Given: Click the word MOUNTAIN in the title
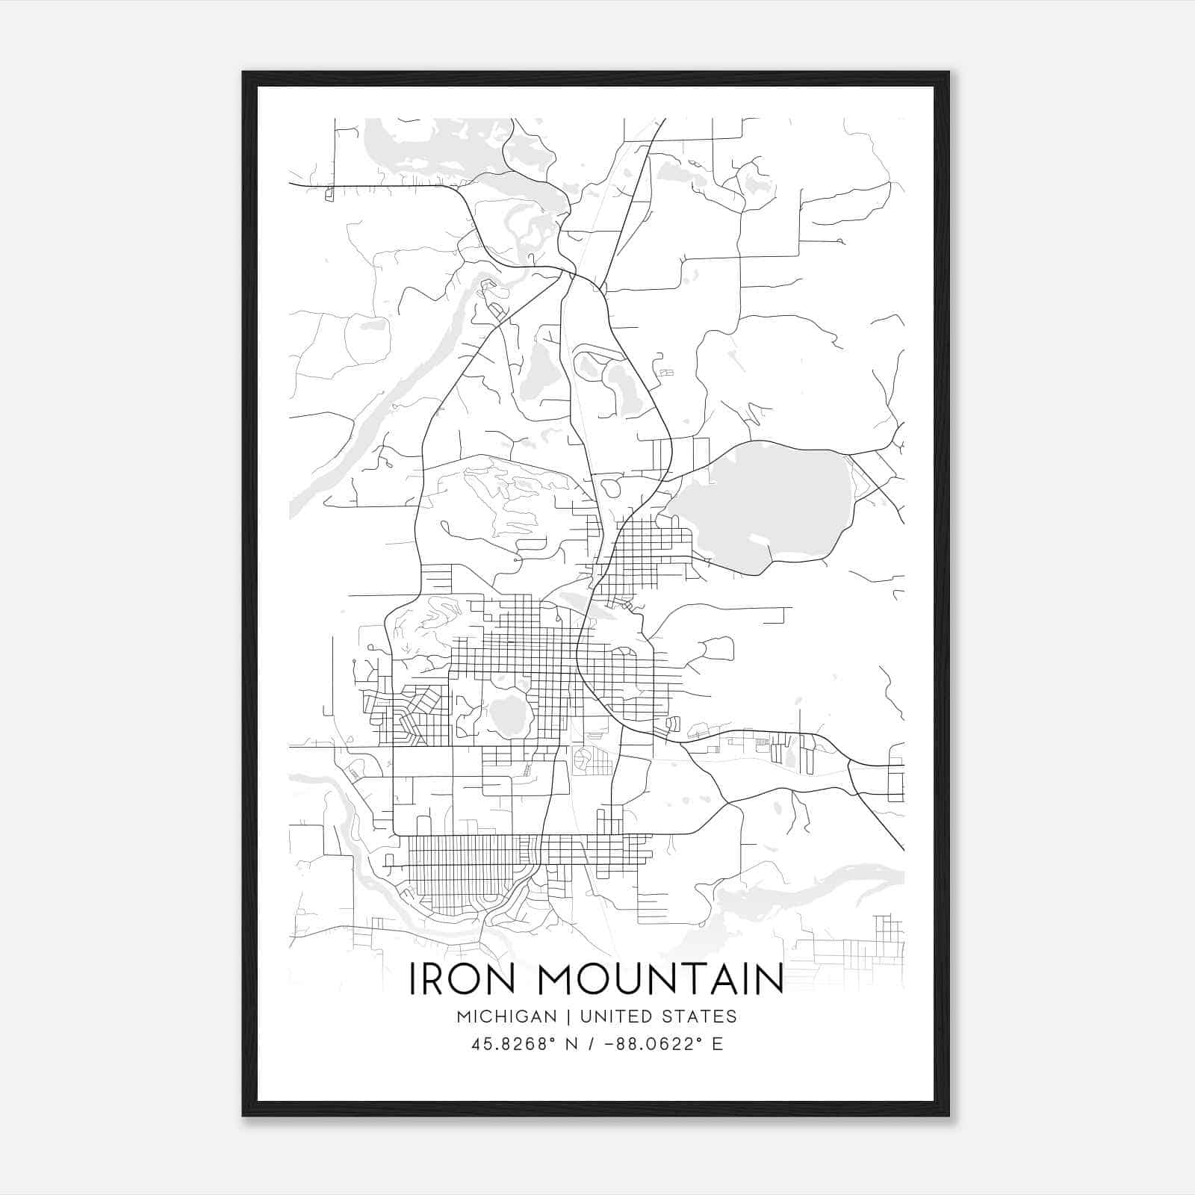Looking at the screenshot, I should [x=660, y=979].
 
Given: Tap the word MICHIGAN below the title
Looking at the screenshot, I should [x=506, y=1016].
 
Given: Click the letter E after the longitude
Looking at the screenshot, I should [x=717, y=1044].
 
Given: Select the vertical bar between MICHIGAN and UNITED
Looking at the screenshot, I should [x=568, y=1016].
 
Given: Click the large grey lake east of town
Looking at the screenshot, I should [x=762, y=500].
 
